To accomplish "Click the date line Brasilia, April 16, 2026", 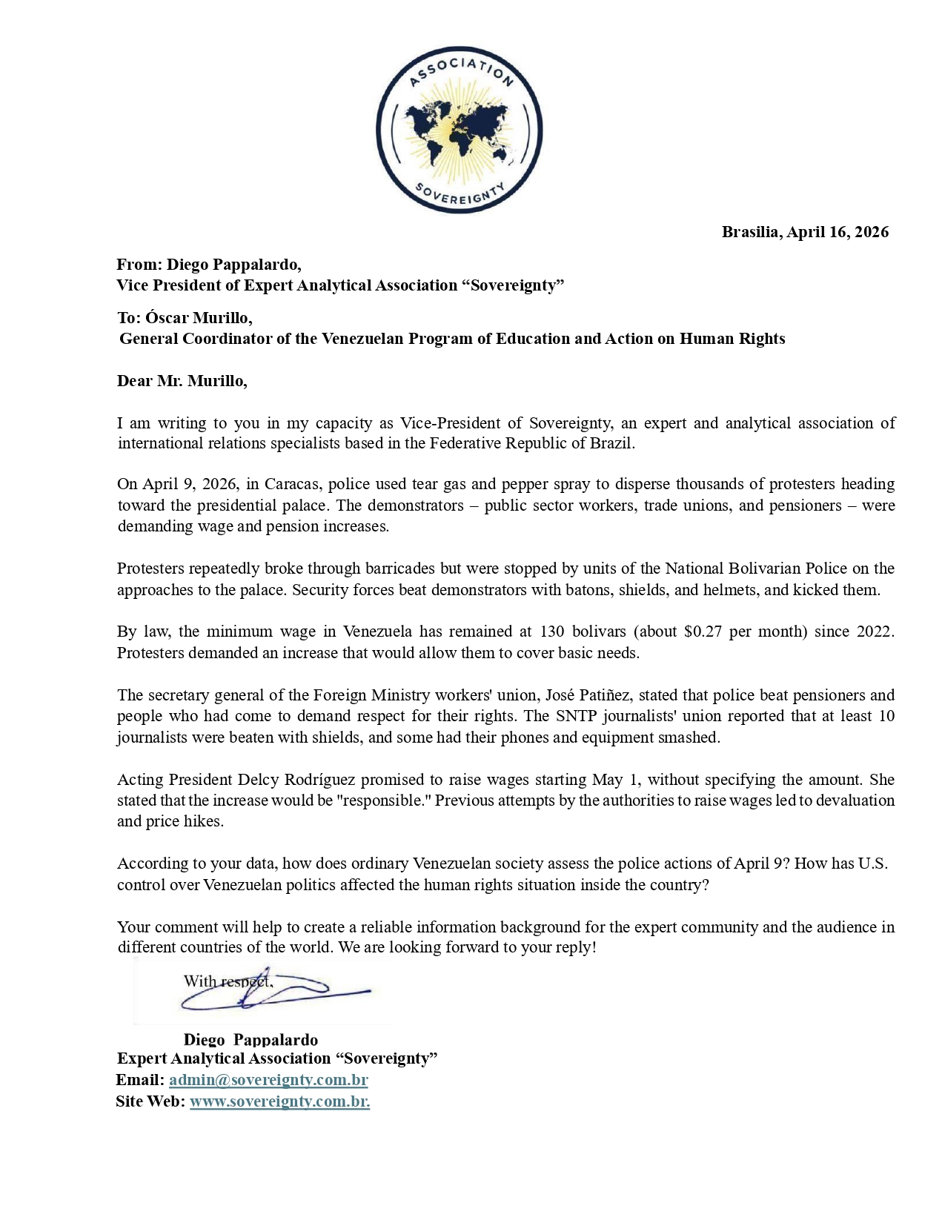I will pos(805,232).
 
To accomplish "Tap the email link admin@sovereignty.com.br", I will pos(268,1080).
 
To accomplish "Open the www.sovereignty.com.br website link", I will pos(279,1101).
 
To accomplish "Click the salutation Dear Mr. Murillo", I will pos(182,381).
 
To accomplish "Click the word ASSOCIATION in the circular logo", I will pos(460,69).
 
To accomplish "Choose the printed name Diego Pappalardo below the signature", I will pos(251,1040).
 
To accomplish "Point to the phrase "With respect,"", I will pos(228,981).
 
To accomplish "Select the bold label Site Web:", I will pos(150,1101).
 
